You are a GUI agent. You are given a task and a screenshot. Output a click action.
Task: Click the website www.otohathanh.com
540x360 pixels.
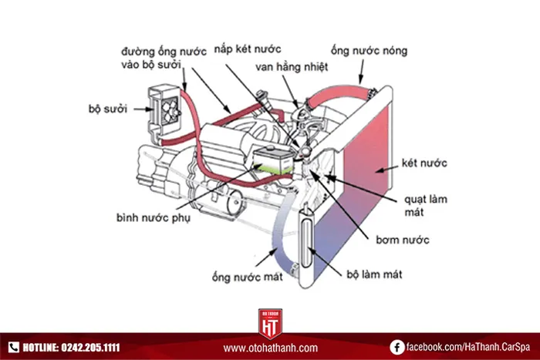click(x=270, y=348)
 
